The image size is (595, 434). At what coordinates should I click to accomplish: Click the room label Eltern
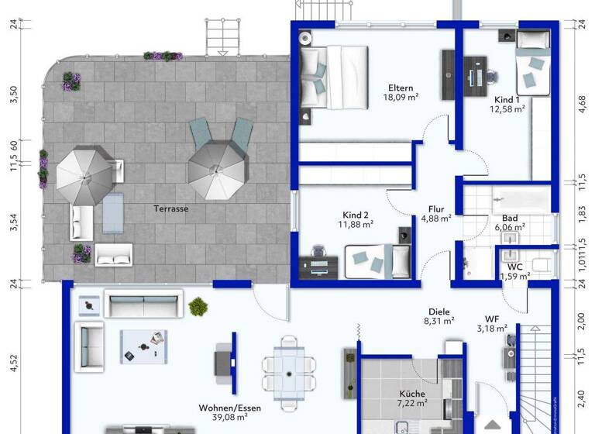tap(401, 88)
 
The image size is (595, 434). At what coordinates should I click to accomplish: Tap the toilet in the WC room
tap(542, 264)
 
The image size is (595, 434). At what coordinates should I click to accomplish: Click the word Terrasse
tap(170, 208)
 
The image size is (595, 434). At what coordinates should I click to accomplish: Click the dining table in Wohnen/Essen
tap(288, 375)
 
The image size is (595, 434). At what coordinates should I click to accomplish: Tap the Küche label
tap(412, 393)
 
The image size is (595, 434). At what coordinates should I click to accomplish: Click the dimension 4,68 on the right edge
tap(582, 103)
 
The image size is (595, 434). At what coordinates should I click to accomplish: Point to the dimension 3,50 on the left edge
tap(12, 95)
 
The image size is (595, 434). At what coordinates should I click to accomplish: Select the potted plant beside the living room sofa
tap(198, 307)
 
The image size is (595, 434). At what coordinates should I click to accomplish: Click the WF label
tap(491, 319)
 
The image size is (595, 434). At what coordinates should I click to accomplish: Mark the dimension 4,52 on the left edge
tap(12, 363)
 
